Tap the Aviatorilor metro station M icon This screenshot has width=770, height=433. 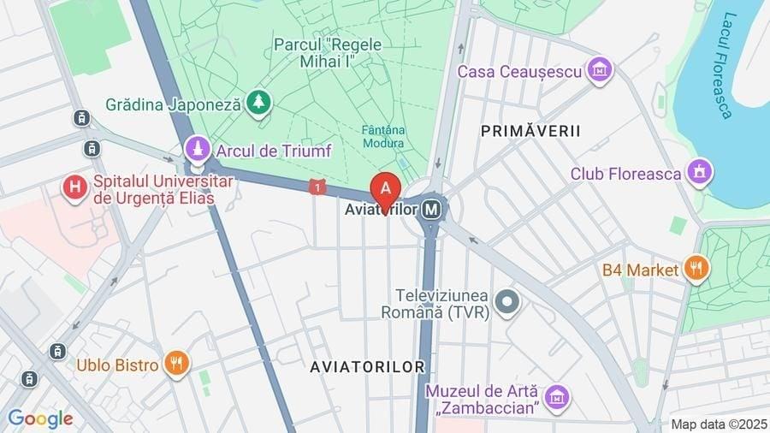(433, 208)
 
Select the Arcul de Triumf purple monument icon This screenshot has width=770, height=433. (198, 151)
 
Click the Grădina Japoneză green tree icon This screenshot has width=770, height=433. (258, 104)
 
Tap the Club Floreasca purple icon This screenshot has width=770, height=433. (699, 174)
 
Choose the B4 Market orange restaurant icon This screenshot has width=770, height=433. (696, 270)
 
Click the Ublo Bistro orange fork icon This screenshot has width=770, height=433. (176, 365)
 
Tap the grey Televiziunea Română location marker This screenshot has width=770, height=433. (508, 302)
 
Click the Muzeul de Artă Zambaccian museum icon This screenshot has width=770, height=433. (557, 397)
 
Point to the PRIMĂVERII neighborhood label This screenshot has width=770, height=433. (530, 131)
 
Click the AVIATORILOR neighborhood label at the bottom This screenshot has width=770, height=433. (367, 366)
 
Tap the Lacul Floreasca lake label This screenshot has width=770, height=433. (723, 64)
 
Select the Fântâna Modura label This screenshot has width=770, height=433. (382, 137)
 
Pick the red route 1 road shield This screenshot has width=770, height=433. (317, 187)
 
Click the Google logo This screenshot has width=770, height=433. (39, 419)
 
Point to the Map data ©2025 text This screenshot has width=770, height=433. (718, 424)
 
